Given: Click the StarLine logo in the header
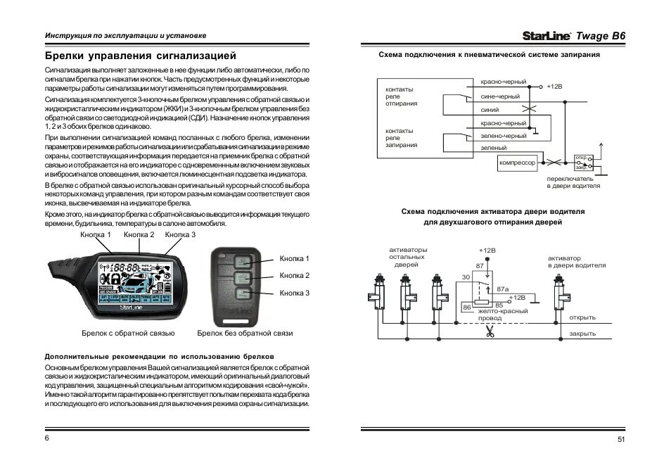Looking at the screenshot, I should (547, 36).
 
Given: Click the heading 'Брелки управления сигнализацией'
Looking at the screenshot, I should (140, 56).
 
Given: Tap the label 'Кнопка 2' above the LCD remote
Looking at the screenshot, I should (139, 234).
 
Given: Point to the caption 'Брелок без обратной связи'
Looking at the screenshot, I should (245, 333).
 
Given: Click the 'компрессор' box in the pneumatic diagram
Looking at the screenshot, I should (517, 163).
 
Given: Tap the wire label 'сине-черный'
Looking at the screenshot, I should (500, 96).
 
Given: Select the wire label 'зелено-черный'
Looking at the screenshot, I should (503, 136).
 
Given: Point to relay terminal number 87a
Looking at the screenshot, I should (502, 289).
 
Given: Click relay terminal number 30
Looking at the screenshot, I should (465, 277).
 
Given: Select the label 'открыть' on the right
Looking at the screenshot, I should (582, 317).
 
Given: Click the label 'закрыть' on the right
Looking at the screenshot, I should (582, 334).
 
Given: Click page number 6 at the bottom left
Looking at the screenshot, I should (47, 438).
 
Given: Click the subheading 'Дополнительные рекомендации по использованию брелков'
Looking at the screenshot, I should (159, 356).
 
